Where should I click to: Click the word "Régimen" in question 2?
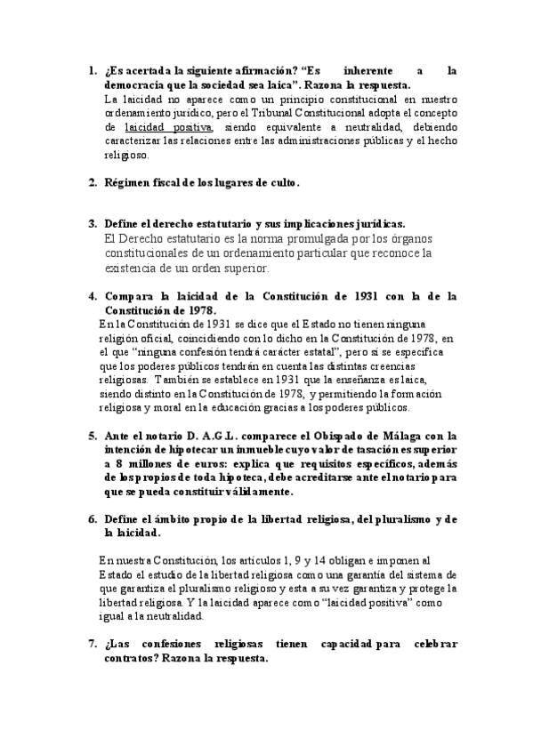coord(131,183)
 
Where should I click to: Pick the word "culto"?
coord(279,183)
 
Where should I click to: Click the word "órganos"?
coord(407,239)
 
